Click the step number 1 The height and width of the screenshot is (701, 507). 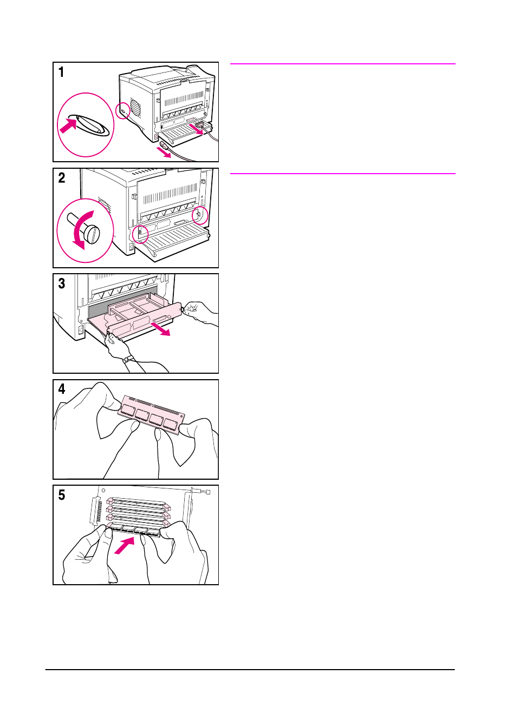pos(61,72)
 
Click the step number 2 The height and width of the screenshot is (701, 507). pos(62,178)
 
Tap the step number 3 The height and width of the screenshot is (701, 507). pos(62,283)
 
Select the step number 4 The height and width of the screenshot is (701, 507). pos(62,389)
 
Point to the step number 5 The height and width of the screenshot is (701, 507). pos(62,495)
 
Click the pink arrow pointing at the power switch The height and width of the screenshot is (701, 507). pos(68,125)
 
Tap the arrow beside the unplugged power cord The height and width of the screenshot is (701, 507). pos(164,153)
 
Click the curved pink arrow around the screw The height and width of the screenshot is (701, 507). pos(81,230)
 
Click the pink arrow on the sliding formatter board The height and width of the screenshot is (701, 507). pos(160,329)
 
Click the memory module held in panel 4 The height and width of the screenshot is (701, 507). pos(151,415)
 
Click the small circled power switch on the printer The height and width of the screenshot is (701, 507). pos(122,111)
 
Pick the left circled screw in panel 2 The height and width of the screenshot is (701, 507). pos(140,233)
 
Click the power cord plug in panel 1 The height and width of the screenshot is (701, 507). pos(165,145)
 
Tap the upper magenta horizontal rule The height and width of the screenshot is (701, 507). pos(343,64)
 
